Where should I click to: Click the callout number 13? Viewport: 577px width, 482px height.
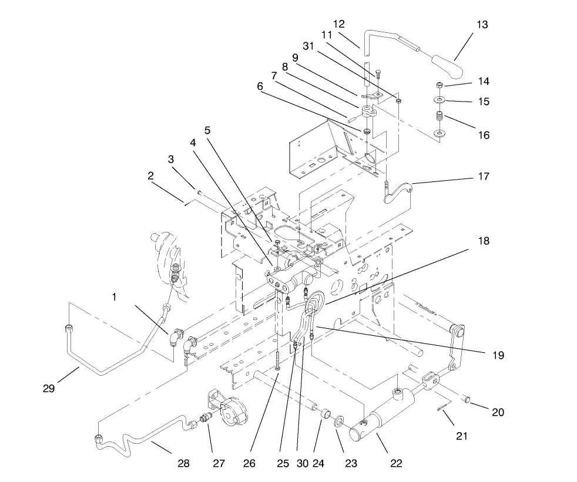tap(482, 25)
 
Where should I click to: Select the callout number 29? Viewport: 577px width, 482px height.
tap(49, 387)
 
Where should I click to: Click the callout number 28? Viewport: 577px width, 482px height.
tap(184, 464)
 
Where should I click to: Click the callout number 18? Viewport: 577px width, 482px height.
tap(483, 241)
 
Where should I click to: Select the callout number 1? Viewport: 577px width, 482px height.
tap(114, 297)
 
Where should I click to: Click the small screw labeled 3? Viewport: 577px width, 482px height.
tap(200, 192)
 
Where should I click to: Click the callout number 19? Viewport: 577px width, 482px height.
tap(498, 355)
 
